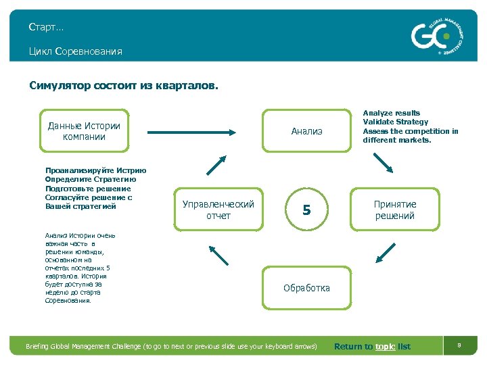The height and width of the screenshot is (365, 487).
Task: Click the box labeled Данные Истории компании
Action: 84,131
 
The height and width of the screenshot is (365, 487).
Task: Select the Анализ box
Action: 306,131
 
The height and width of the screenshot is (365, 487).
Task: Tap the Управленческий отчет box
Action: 218,210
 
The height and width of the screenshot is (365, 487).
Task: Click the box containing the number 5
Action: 306,210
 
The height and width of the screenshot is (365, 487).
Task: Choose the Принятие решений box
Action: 395,210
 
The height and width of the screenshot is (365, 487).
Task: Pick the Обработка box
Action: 306,288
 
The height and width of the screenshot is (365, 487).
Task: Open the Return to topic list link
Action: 372,347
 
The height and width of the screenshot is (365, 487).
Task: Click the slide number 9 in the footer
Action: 459,346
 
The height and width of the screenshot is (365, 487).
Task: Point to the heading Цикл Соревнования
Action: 75,51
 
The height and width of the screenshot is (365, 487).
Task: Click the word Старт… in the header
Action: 46,27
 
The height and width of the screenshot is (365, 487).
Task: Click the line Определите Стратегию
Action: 91,180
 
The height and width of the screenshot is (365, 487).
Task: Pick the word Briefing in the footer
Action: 40,347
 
